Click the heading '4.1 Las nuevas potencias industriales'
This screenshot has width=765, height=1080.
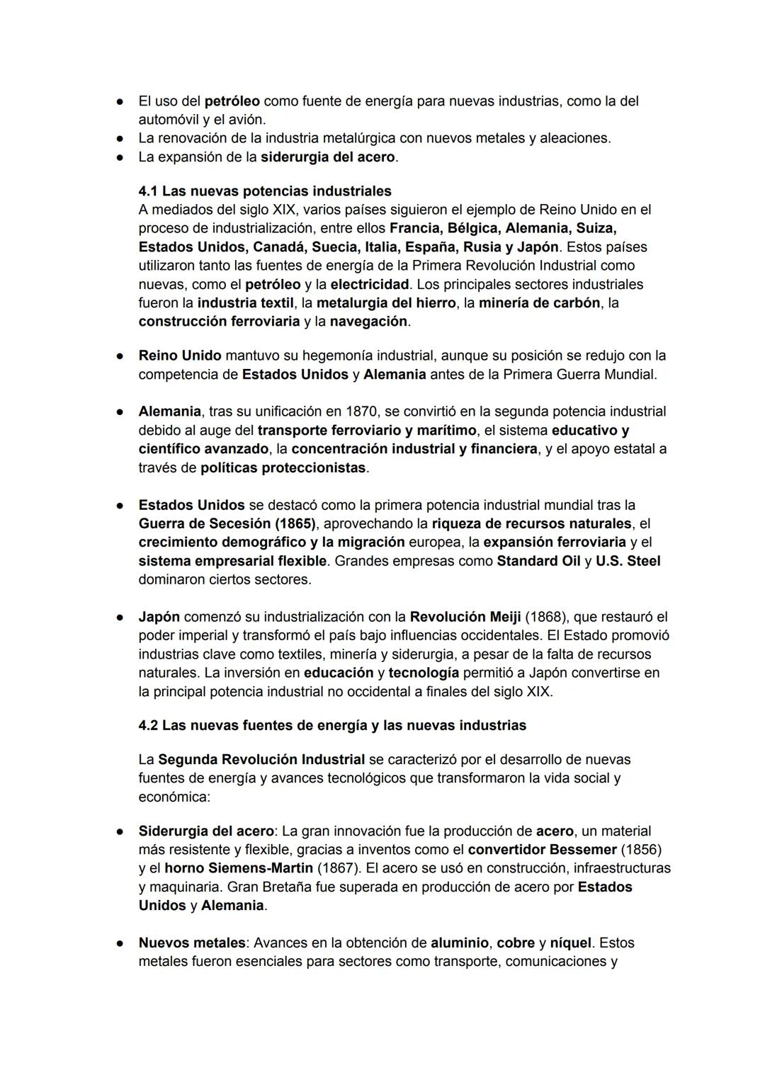pos(265,191)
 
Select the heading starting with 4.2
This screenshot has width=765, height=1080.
pos(332,725)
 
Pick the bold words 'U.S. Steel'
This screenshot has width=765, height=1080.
pos(628,561)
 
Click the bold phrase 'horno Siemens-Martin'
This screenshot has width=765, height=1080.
pos(238,868)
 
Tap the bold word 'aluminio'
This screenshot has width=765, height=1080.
pos(459,943)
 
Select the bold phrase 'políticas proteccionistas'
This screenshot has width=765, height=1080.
pos(283,468)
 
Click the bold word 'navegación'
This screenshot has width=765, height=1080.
pos(369,322)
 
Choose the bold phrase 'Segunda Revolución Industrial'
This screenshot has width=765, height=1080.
pos(261,760)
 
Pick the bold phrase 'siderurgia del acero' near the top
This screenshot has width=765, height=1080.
pos(327,157)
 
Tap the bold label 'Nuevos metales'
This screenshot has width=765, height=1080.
pos(191,943)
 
